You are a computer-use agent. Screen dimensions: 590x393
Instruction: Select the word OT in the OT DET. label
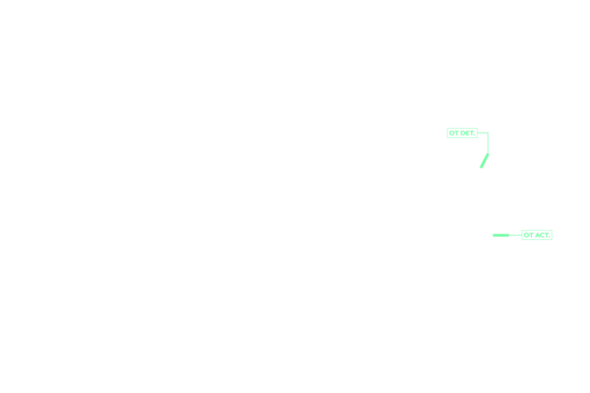(x=454, y=133)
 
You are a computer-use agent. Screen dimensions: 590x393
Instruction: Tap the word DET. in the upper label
(x=467, y=133)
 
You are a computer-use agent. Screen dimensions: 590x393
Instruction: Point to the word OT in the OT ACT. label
(x=528, y=235)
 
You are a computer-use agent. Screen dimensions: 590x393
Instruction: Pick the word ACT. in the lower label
(x=542, y=235)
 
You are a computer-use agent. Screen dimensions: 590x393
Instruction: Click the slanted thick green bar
(x=484, y=161)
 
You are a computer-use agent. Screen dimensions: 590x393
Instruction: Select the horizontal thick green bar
(x=501, y=235)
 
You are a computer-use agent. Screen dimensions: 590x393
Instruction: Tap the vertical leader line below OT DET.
(x=488, y=143)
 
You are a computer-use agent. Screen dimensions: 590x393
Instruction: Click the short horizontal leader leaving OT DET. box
(x=483, y=133)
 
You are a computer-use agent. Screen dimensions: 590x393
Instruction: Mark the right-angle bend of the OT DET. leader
(x=488, y=133)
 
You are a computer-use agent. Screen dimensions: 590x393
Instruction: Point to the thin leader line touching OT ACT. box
(x=516, y=235)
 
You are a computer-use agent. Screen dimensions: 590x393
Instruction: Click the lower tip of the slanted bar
(x=481, y=168)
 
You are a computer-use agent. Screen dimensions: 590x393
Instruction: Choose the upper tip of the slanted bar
(x=488, y=154)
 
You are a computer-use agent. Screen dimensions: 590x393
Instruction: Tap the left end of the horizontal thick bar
(x=493, y=235)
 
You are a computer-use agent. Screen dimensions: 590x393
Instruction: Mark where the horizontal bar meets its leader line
(x=509, y=235)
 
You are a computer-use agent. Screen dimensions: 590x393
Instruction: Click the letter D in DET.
(x=463, y=133)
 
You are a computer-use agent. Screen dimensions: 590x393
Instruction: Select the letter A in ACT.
(x=537, y=235)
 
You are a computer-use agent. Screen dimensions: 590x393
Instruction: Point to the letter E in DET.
(x=467, y=133)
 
